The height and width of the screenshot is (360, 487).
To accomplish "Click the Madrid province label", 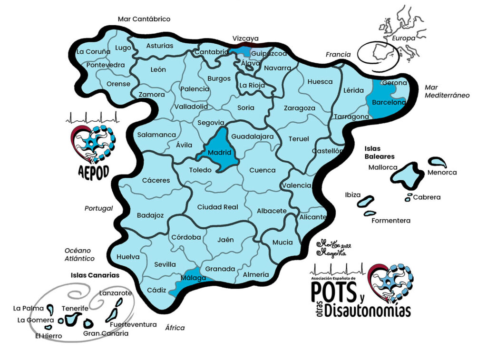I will coord(219,153).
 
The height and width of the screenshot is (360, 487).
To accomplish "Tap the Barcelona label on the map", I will coord(389,102).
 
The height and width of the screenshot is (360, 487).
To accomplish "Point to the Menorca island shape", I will coord(438,163).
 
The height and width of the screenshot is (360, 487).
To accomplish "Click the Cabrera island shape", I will coord(408,197).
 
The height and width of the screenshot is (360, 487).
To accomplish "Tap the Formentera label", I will coord(390,221).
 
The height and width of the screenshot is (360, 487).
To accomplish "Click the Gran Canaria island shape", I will coord(88,324).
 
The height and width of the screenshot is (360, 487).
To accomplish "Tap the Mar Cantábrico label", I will coord(144,19).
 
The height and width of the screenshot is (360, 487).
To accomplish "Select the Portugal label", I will coord(98,208).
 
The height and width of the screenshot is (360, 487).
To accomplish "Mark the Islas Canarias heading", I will coord(95,275).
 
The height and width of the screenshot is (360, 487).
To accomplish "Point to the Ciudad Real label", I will coord(217,207).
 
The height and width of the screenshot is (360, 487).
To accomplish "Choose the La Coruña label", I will coord(94,51).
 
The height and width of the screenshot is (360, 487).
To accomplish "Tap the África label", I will coord(175,328).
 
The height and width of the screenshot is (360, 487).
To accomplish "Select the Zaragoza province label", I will coord(299,108).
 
